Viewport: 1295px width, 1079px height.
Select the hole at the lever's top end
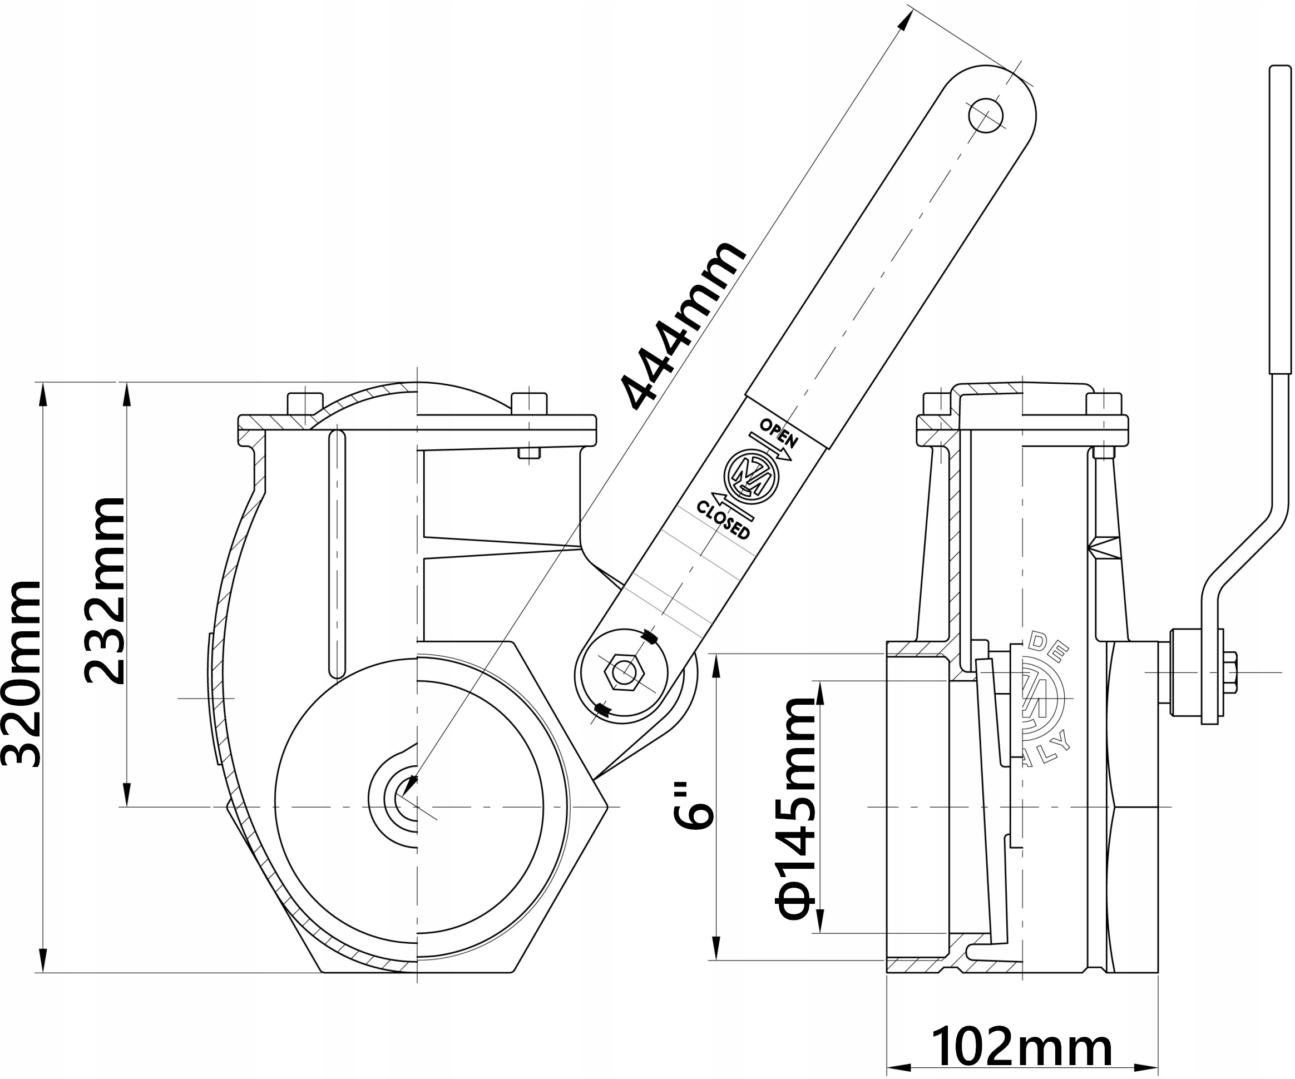pyautogui.click(x=985, y=115)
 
